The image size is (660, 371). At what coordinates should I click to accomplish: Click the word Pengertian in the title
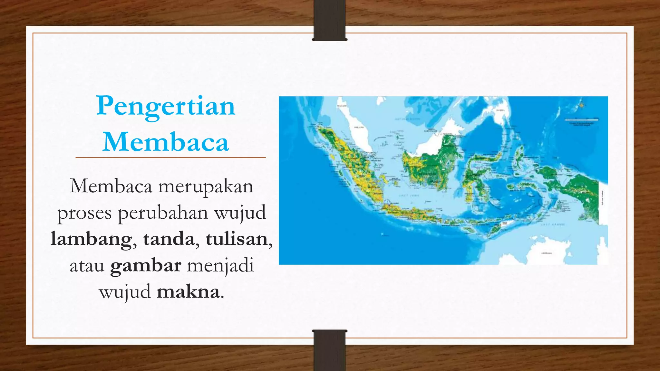pos(166,106)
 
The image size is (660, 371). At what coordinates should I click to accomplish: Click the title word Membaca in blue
pos(166,142)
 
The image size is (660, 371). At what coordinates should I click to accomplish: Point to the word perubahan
pos(163,213)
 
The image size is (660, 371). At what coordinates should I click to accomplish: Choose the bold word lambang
pos(91,239)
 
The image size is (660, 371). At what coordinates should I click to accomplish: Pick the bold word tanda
pos(169,239)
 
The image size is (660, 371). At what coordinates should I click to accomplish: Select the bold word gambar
pos(146,266)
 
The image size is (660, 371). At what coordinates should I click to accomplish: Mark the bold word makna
pos(188,292)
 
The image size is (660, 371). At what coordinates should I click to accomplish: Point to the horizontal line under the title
pos(170,157)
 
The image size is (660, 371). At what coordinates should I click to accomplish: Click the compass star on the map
pos(582,105)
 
